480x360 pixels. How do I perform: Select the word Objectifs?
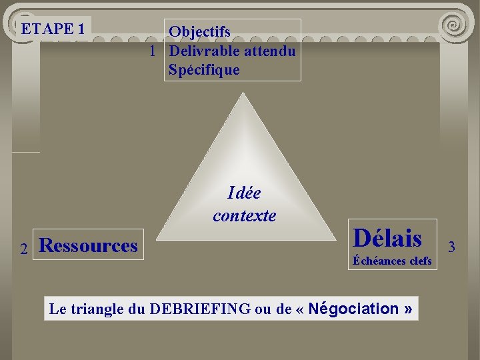point(199,31)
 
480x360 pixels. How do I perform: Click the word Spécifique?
point(203,69)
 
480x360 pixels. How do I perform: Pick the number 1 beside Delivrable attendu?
point(153,51)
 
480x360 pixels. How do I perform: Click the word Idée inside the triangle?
point(244,193)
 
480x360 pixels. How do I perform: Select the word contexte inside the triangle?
point(244,215)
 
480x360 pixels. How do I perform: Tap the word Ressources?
point(89,245)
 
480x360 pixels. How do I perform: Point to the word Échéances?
point(379,261)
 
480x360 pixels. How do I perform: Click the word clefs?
point(421,261)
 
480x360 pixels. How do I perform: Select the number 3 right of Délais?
point(451,247)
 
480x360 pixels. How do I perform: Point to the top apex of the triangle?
point(244,94)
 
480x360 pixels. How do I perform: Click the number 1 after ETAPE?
point(81,29)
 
